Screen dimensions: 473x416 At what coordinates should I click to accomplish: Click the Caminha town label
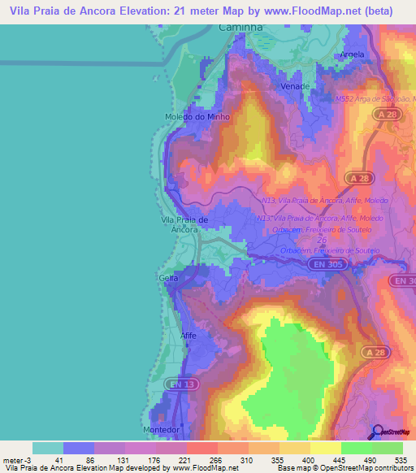[241, 27]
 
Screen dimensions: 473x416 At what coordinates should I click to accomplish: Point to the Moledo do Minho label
[197, 117]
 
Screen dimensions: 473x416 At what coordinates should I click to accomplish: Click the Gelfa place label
[168, 278]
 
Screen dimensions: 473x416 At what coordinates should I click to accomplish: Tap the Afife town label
[188, 335]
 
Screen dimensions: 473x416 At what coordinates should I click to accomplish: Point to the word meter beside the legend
[14, 459]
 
